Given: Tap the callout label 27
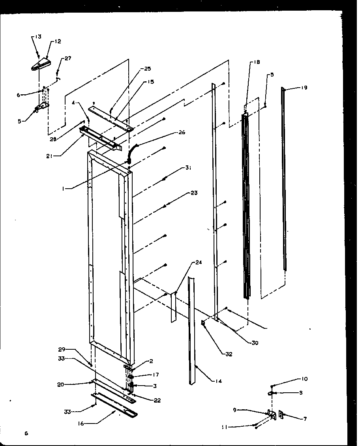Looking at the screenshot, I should (x=68, y=58).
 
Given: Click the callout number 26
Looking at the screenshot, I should (x=182, y=133).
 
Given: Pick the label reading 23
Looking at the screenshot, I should (x=194, y=193).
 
